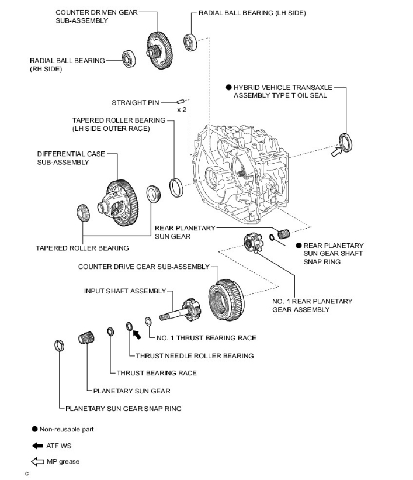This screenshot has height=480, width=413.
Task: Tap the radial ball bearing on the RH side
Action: pyautogui.click(x=129, y=58)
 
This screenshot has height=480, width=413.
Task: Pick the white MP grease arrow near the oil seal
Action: pyautogui.click(x=336, y=152)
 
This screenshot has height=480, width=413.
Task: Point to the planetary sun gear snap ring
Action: pyautogui.click(x=59, y=346)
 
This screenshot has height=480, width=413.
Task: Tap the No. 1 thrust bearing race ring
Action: pyautogui.click(x=149, y=320)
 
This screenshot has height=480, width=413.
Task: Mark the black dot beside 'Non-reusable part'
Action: pyautogui.click(x=35, y=429)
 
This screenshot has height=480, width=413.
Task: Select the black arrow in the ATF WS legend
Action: pyautogui.click(x=37, y=446)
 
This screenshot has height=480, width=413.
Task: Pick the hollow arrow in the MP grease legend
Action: pyautogui.click(x=37, y=462)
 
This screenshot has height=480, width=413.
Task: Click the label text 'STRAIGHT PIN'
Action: pyautogui.click(x=135, y=102)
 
